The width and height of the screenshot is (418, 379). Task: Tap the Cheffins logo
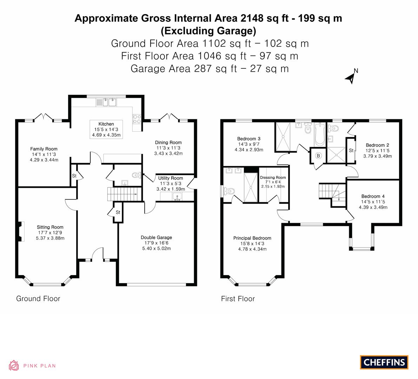(x=384, y=362)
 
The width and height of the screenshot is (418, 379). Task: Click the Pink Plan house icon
(x=14, y=365)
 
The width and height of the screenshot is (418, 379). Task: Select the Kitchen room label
(x=106, y=124)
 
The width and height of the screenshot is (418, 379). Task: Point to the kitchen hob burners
(x=137, y=119)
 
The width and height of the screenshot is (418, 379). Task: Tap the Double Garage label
(x=156, y=238)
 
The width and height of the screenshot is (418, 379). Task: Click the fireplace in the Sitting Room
(x=20, y=231)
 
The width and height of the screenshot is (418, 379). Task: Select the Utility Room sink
(x=177, y=197)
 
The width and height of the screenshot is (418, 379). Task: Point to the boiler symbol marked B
(x=318, y=156)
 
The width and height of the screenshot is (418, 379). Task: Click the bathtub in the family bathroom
(x=319, y=134)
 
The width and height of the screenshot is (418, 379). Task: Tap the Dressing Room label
(x=273, y=178)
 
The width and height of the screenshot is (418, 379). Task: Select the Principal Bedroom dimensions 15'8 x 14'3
(x=252, y=244)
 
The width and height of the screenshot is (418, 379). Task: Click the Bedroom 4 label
(x=373, y=197)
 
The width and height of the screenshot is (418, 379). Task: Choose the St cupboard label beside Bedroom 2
(x=351, y=151)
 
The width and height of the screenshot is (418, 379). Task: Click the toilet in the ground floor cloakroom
(x=136, y=175)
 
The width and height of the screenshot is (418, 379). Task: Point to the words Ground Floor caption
(x=38, y=299)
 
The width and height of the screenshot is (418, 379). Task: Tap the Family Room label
(x=44, y=149)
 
